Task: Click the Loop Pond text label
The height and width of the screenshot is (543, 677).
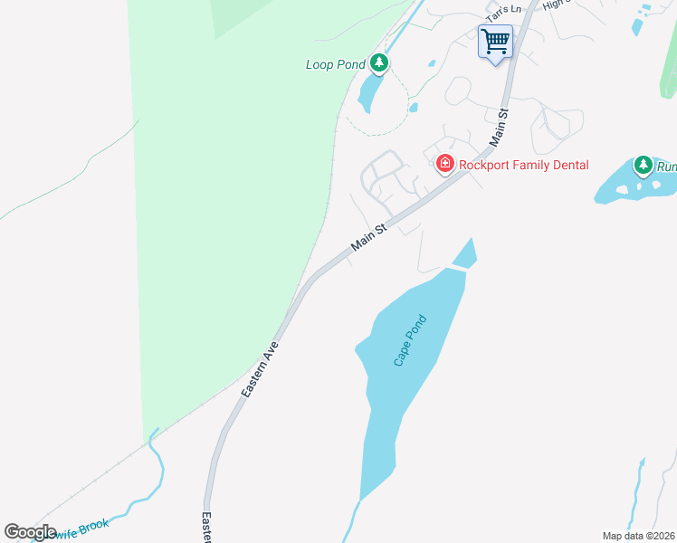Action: tap(335, 64)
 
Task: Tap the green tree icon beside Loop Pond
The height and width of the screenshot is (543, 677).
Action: tap(380, 63)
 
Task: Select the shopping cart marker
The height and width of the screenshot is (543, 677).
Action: tap(495, 41)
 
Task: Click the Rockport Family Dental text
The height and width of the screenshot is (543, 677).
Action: tap(523, 165)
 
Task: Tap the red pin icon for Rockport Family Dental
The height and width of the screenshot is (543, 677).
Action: tap(444, 164)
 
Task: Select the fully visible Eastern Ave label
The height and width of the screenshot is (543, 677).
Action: tap(259, 369)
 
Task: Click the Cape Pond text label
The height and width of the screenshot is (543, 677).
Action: tap(409, 340)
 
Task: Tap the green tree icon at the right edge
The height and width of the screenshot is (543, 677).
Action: tap(644, 165)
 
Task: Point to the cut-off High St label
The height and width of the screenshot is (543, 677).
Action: tap(553, 5)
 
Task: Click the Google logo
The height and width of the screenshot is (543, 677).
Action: tap(31, 532)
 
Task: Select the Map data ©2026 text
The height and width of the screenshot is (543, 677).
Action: tap(638, 536)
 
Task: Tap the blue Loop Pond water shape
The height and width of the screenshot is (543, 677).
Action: tap(370, 90)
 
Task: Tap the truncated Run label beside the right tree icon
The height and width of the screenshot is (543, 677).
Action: tap(666, 167)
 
